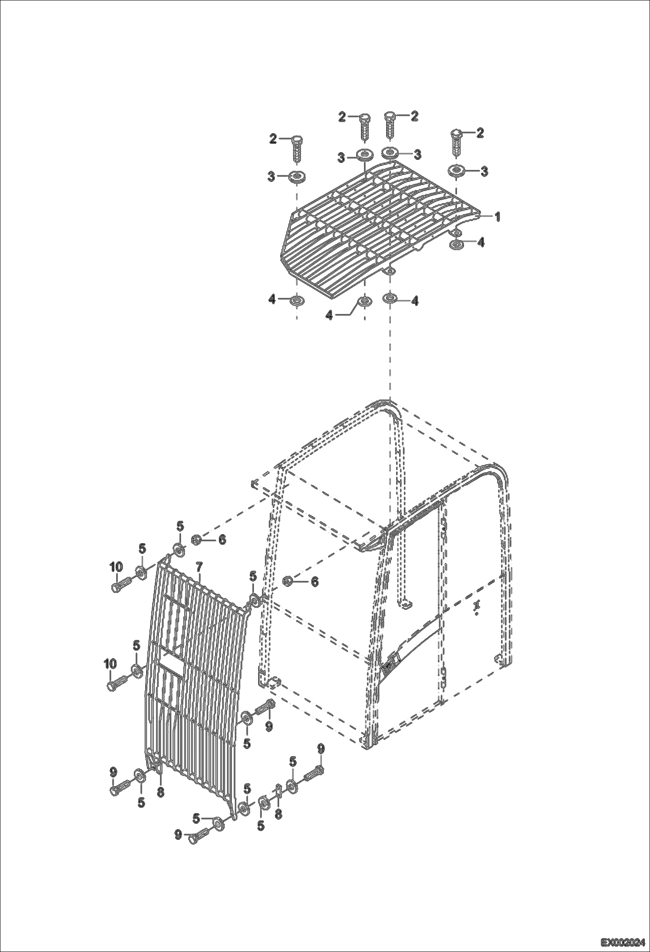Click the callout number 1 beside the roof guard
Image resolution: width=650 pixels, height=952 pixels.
coord(498,216)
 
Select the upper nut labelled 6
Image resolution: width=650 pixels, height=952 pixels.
coord(195,540)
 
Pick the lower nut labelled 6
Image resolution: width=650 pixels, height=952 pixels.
coord(287,581)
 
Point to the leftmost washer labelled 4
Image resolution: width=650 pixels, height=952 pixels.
coord(297,300)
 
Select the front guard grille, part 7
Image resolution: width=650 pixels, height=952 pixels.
coord(195,677)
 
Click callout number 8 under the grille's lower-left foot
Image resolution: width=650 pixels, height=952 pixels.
coord(161,792)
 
